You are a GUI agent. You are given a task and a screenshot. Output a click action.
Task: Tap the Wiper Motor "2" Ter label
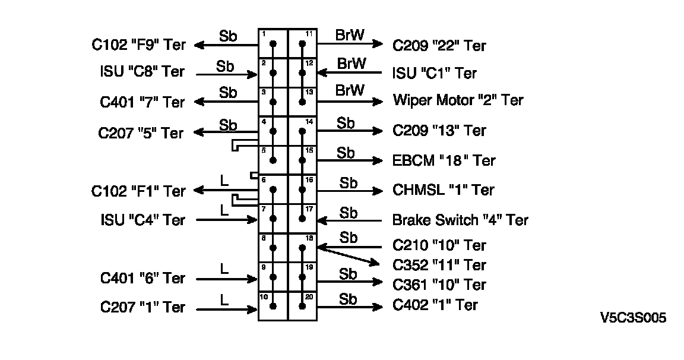click(458, 100)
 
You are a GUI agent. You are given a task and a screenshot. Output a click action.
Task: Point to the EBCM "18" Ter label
click(444, 160)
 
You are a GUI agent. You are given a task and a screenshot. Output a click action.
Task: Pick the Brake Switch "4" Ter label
click(460, 220)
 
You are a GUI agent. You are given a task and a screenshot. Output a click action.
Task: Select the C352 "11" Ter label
click(439, 265)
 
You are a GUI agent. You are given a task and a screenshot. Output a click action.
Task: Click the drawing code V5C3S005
click(633, 318)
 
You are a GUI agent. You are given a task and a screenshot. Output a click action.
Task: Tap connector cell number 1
click(273, 43)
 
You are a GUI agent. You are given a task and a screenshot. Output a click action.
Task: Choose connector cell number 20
click(303, 306)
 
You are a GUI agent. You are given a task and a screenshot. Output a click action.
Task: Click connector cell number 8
click(273, 248)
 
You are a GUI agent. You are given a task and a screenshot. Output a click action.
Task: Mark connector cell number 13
click(303, 102)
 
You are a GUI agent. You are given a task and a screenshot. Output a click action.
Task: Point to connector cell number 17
click(303, 219)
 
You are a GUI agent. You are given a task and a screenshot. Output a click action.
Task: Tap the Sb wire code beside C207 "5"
click(228, 125)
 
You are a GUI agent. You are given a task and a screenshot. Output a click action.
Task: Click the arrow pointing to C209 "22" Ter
click(350, 43)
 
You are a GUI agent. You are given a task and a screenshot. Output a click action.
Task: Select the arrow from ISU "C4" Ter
click(226, 220)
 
